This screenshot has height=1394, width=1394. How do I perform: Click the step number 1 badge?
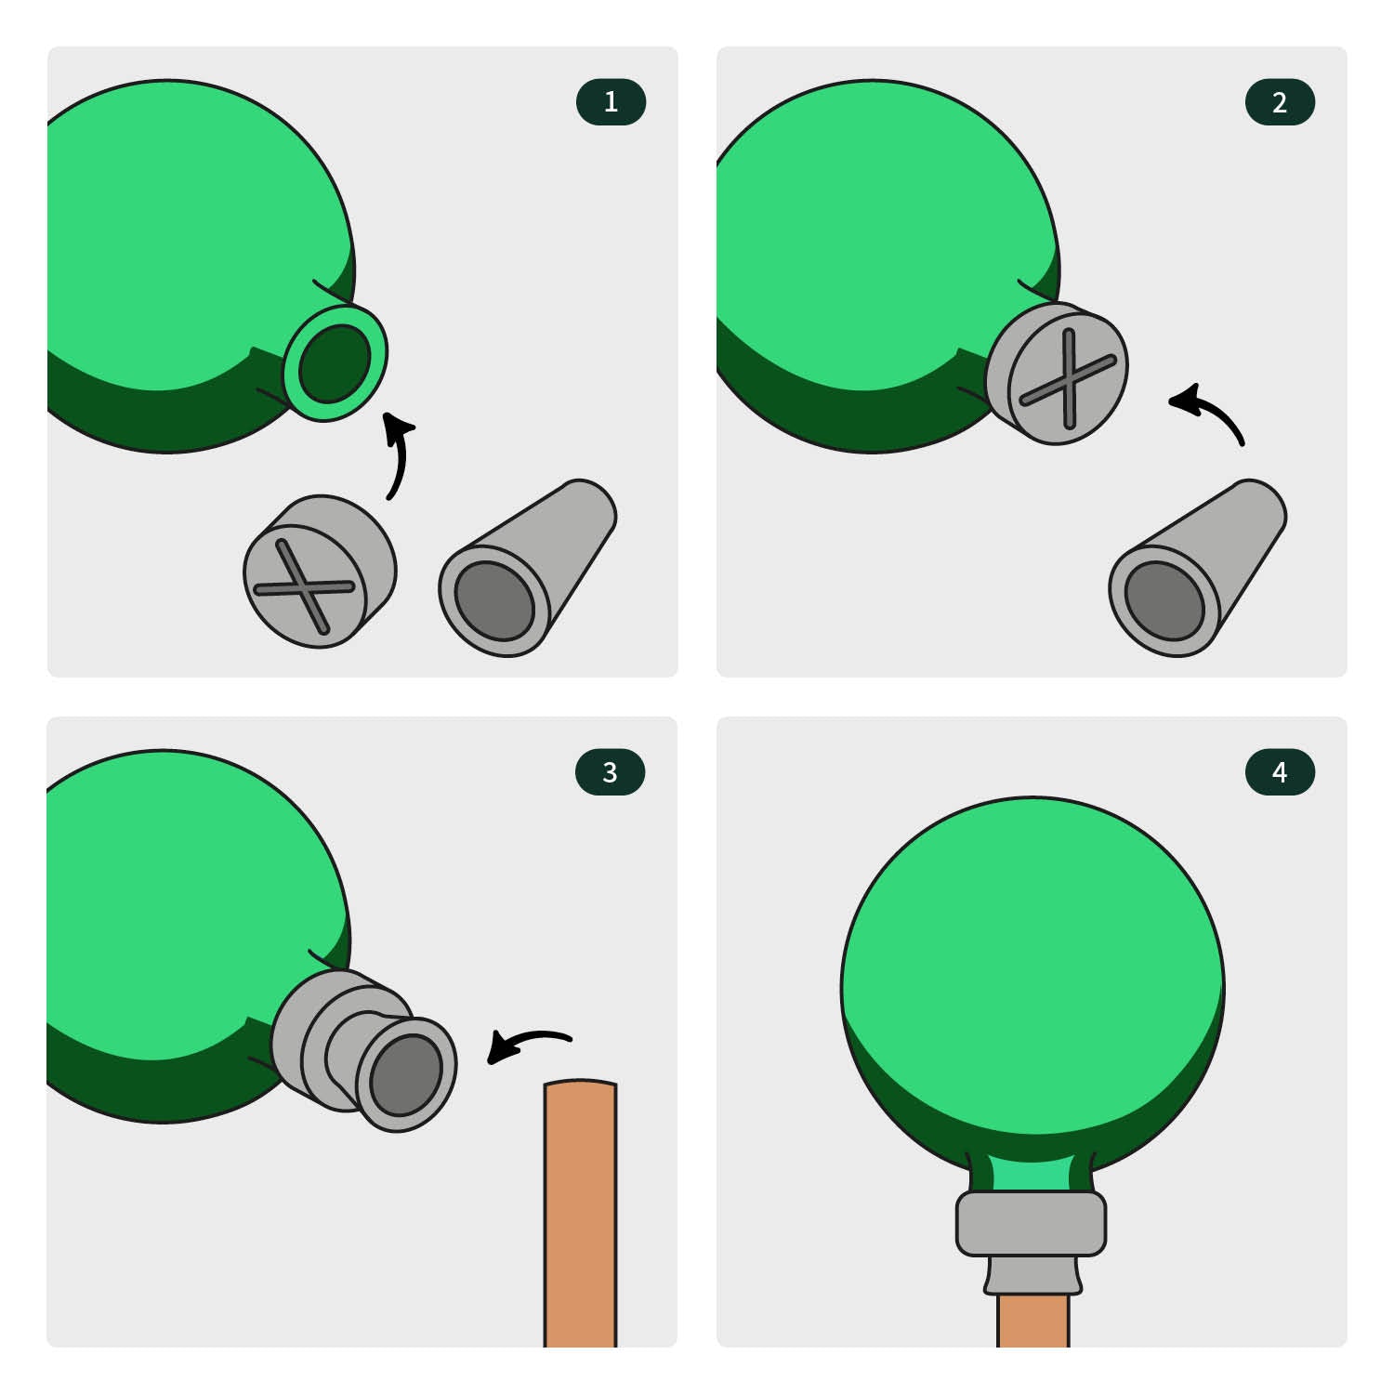[x=611, y=102]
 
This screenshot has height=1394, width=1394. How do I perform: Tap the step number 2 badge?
[x=1280, y=102]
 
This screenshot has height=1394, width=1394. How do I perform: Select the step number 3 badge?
[x=611, y=771]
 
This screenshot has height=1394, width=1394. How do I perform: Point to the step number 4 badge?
[x=1280, y=771]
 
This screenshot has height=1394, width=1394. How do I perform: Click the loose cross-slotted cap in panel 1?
[x=319, y=571]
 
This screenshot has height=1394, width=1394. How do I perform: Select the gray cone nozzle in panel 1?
[x=527, y=568]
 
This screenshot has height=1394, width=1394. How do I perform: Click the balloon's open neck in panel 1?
[x=335, y=362]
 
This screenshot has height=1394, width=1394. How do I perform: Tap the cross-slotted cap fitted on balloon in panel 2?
[x=1058, y=374]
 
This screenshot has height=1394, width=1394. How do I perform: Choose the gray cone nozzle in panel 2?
[x=1197, y=568]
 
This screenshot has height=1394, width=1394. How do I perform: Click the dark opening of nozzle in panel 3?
[x=405, y=1074]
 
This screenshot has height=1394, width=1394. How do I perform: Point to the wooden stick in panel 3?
[x=580, y=1213]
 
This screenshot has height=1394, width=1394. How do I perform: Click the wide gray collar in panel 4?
[x=1031, y=1223]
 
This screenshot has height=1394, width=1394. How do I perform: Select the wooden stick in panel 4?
[x=1032, y=1320]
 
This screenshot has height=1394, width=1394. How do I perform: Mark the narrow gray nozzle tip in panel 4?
[x=1032, y=1274]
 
